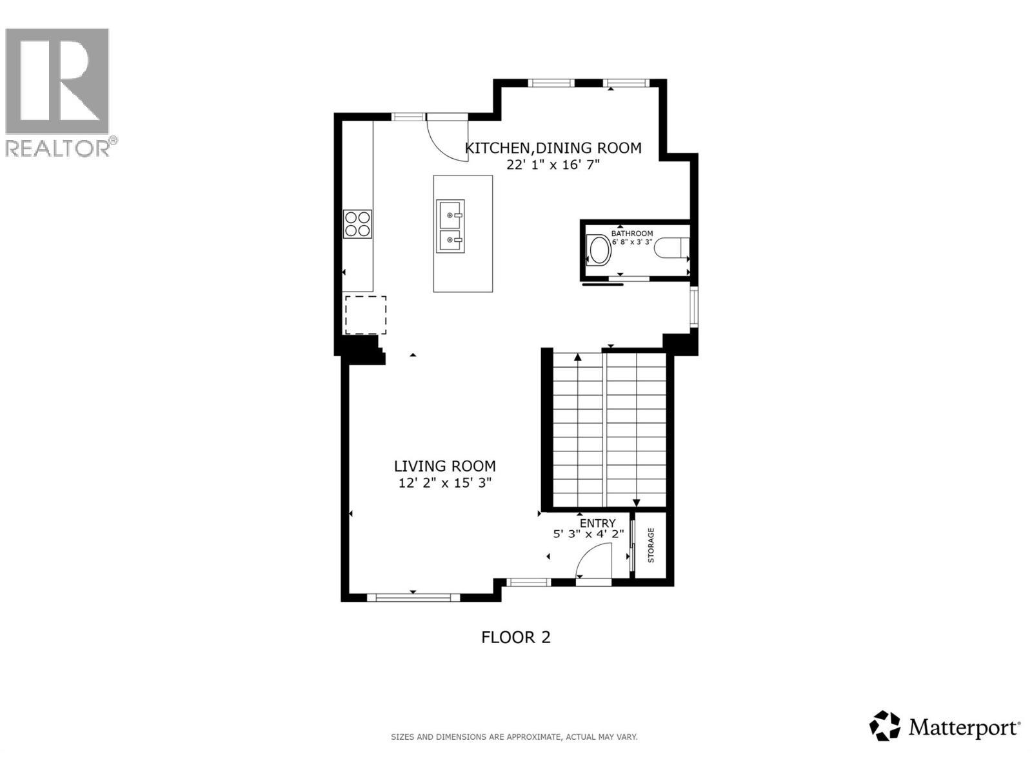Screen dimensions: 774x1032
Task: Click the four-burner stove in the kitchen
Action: (x=357, y=224)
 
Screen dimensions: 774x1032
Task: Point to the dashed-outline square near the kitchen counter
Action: (x=365, y=315)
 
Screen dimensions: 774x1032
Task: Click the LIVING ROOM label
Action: (x=445, y=466)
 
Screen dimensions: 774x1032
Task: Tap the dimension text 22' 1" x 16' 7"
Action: (x=553, y=164)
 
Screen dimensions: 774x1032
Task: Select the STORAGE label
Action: (x=651, y=545)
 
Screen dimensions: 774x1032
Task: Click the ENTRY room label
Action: (x=597, y=523)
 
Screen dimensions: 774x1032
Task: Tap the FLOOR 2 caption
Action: (x=516, y=637)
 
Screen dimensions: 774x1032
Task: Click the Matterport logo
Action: (x=946, y=728)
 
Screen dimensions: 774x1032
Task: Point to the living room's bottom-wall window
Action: (x=413, y=598)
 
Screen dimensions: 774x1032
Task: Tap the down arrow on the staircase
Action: (x=636, y=503)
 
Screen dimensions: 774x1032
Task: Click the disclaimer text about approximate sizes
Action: (x=514, y=737)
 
